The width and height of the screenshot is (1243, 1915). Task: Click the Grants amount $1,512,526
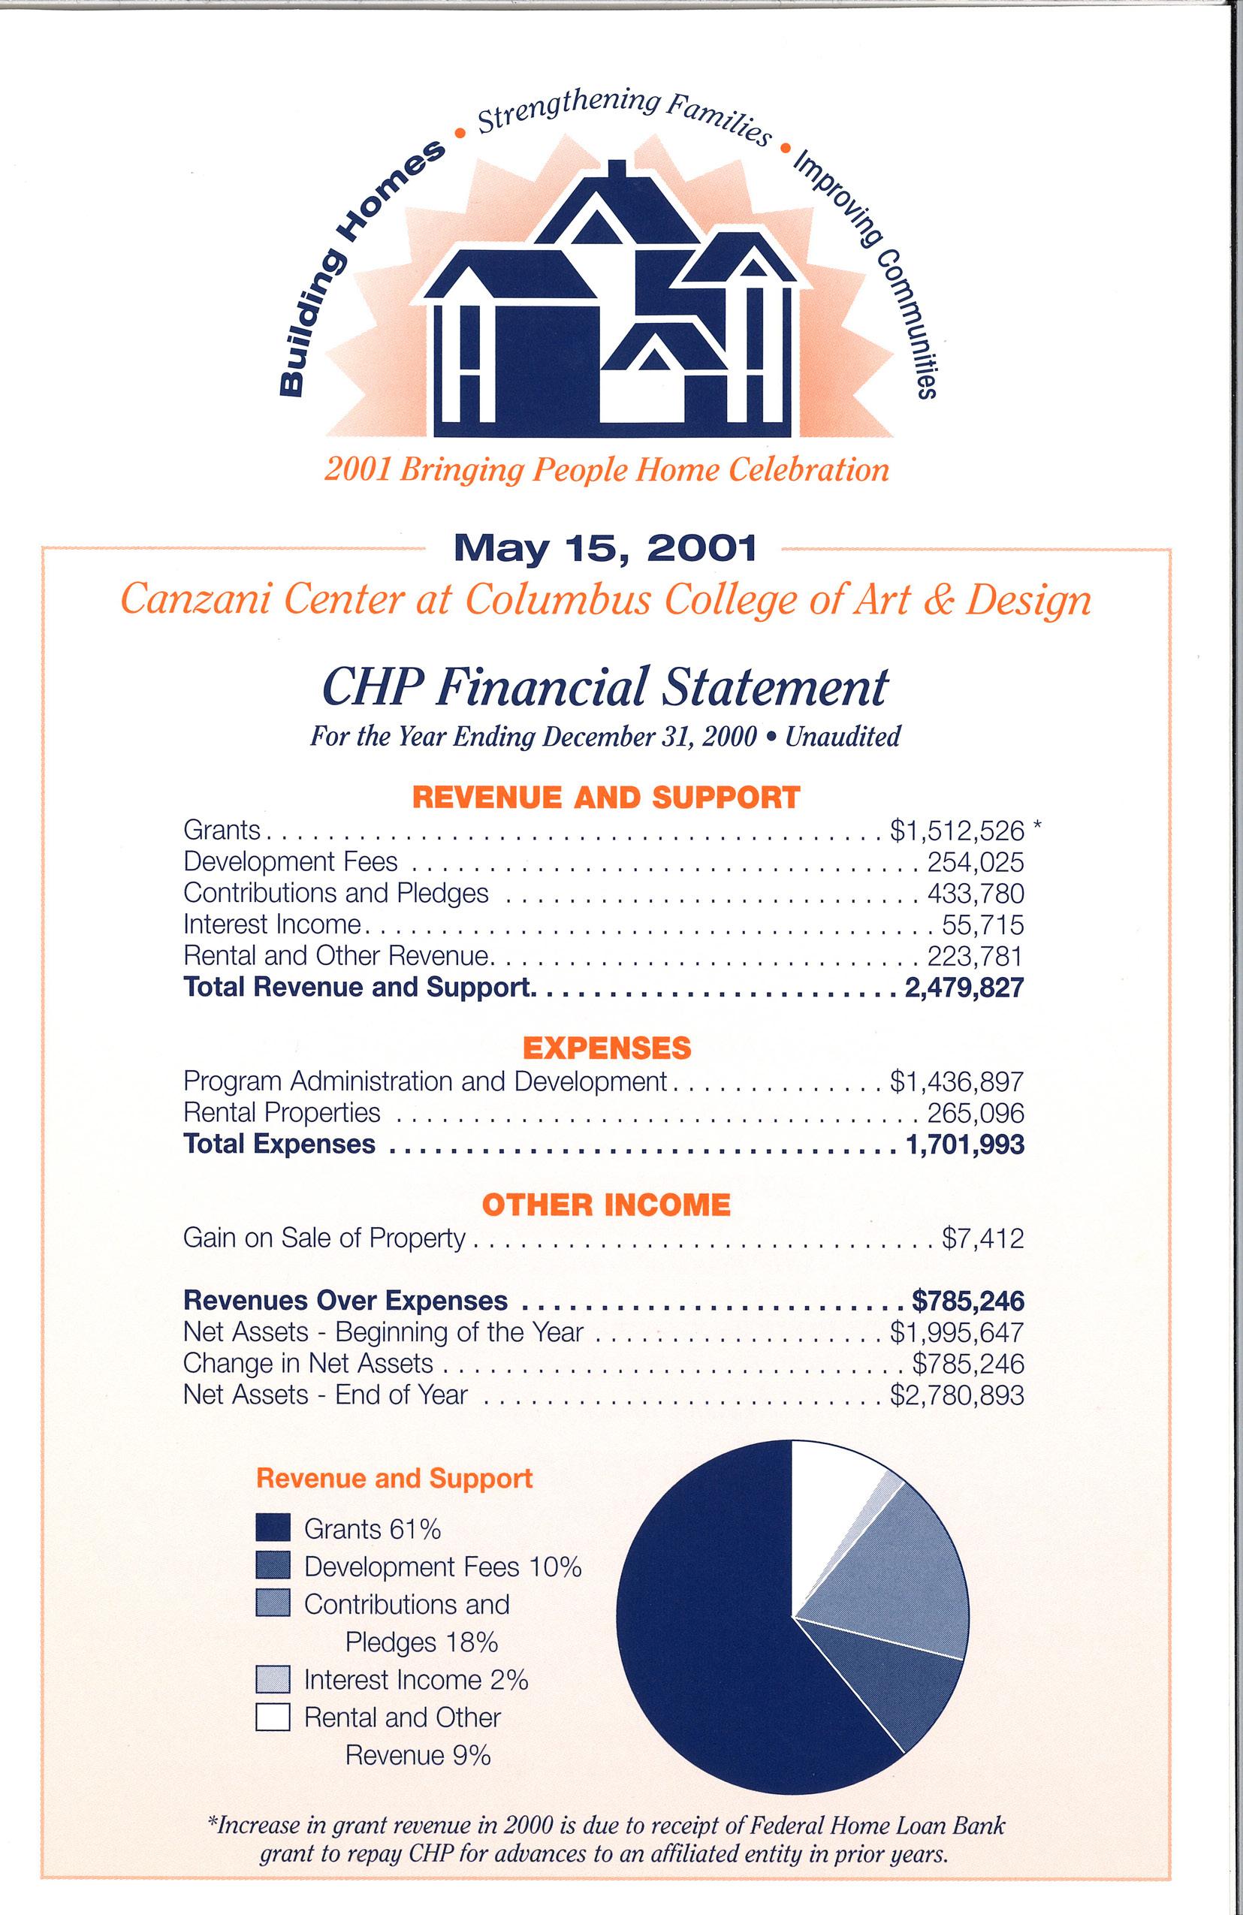tap(957, 830)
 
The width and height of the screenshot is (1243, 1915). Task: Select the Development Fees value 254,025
tap(975, 862)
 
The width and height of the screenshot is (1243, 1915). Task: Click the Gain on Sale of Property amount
tap(982, 1238)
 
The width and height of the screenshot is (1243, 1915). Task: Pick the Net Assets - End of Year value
tap(957, 1395)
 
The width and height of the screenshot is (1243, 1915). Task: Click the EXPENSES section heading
tap(607, 1048)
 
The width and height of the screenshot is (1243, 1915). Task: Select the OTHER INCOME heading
tap(607, 1205)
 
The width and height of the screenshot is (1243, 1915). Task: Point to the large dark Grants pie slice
tap(708, 1649)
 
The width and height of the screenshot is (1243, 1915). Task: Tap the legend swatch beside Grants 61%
tap(272, 1529)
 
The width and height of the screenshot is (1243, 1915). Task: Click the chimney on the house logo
tap(617, 171)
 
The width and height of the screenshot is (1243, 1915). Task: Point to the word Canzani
tap(191, 599)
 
